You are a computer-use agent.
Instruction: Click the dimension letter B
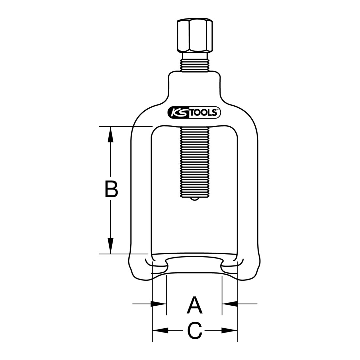[x=111, y=189]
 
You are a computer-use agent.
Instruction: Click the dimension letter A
[x=194, y=305]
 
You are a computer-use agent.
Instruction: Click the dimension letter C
[x=195, y=331]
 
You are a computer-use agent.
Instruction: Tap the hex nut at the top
[x=195, y=37]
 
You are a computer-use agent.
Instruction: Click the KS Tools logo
[x=194, y=113]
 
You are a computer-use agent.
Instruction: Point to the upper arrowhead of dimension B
[x=110, y=134]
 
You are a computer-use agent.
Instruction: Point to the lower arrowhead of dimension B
[x=110, y=246]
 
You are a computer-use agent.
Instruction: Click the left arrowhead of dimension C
[x=160, y=331]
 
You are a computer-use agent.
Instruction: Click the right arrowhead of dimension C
[x=229, y=331]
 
